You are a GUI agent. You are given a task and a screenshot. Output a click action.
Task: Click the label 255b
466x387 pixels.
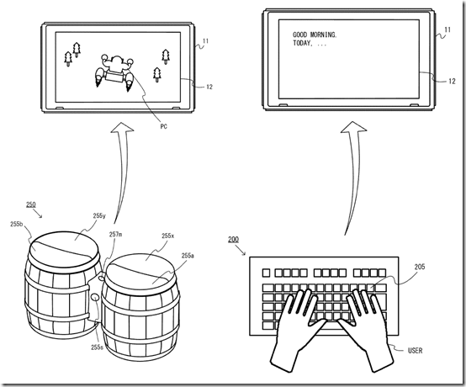tap(17, 225)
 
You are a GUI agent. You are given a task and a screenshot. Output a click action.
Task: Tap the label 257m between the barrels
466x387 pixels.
tap(114, 235)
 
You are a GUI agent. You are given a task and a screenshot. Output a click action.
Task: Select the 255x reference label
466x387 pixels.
tap(167, 236)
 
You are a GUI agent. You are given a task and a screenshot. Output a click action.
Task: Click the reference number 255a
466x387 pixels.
tap(187, 255)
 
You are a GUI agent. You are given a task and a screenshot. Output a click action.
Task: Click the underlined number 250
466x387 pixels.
tap(30, 205)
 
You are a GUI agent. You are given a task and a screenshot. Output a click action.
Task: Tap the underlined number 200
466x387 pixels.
tap(232, 240)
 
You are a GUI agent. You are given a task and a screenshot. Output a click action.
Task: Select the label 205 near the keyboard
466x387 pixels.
tap(419, 267)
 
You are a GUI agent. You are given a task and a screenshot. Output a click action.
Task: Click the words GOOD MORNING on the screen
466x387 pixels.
tap(315, 34)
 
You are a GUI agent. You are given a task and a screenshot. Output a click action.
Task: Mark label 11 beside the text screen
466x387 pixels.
tap(447, 30)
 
